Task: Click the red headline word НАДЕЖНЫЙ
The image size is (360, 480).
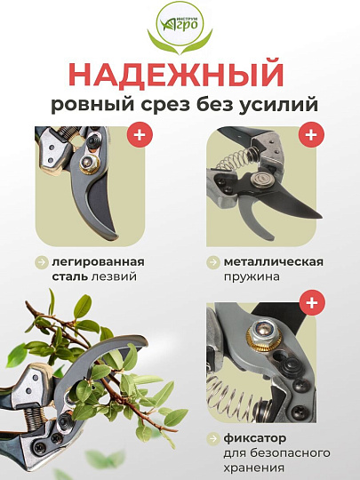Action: (180, 73)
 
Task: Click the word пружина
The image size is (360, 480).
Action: (252, 277)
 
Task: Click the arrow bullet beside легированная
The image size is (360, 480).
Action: (42, 262)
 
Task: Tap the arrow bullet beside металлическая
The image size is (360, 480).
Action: (213, 262)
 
